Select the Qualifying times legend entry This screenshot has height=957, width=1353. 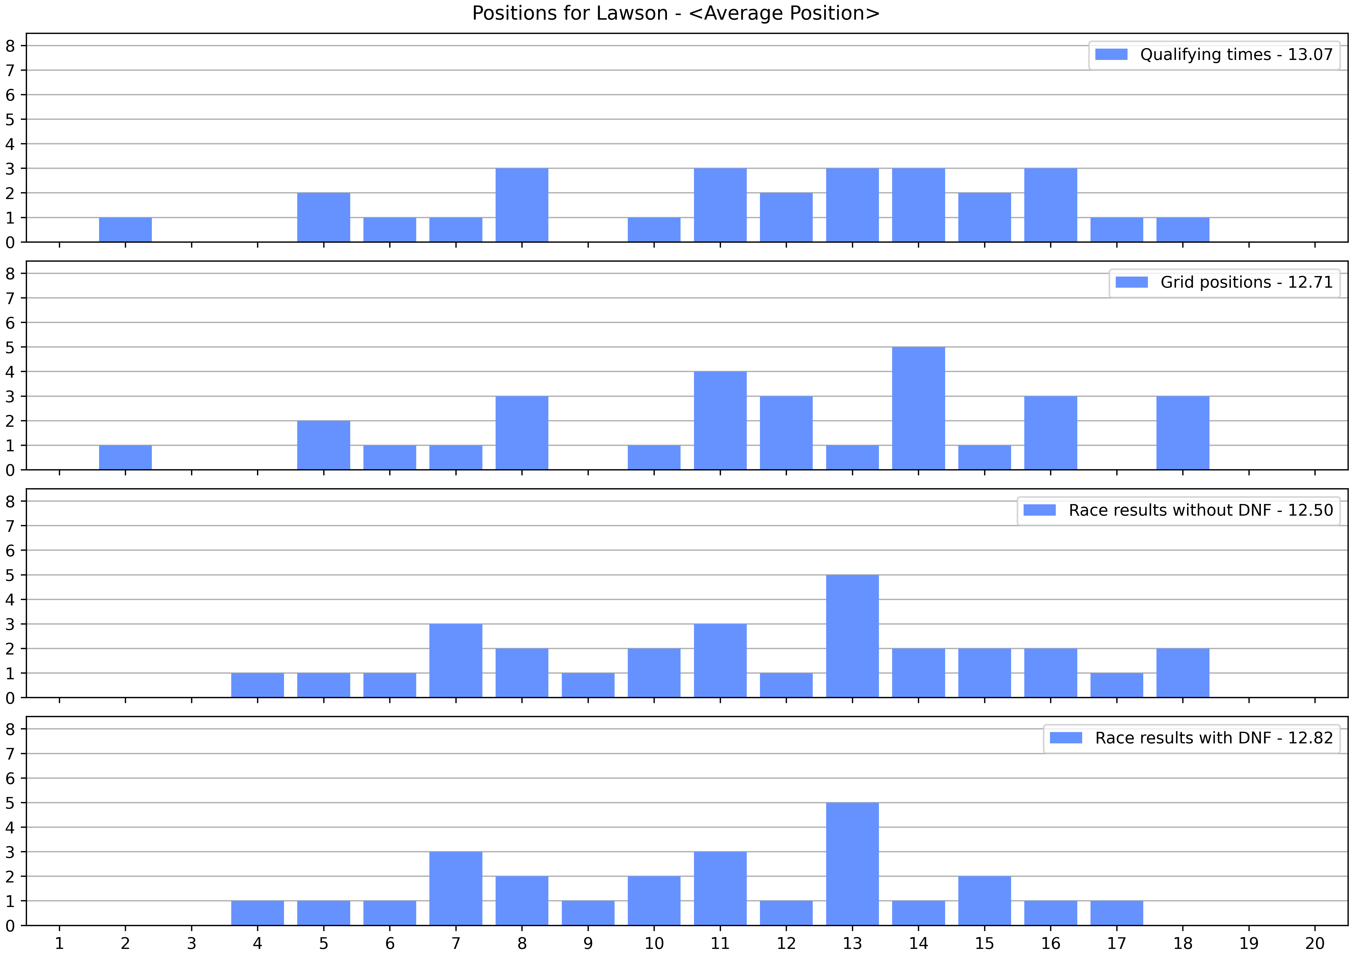click(1214, 55)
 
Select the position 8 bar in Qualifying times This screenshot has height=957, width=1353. click(522, 205)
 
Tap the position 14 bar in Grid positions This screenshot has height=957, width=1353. click(918, 408)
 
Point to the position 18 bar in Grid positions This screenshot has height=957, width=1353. click(1183, 433)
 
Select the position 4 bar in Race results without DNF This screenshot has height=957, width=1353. click(257, 685)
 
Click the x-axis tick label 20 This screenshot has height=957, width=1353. click(1315, 943)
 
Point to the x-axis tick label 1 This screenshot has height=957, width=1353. click(59, 943)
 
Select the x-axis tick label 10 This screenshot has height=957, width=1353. click(654, 943)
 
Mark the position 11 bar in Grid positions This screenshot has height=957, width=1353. click(720, 421)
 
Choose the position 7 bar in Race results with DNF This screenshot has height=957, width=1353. click(456, 889)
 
